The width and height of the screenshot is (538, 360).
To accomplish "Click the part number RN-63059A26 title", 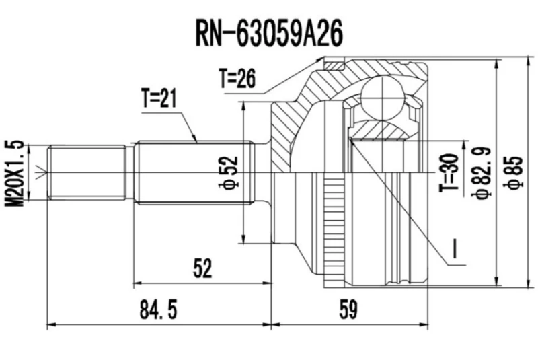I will pos(268,30).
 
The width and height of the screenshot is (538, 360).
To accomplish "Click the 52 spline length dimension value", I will pos(202,268).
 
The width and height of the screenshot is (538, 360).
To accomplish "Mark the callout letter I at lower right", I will pos(455,251).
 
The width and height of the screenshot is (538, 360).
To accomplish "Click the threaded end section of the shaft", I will pos(87,172).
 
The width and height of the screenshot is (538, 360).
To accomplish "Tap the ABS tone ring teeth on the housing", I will pos(330,229).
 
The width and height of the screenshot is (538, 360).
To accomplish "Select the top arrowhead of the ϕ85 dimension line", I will pos(497,61).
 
